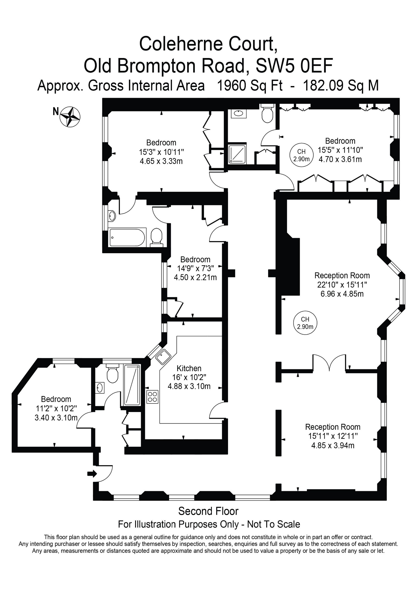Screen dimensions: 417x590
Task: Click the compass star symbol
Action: point(70,117)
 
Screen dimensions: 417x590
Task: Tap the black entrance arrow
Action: point(92,473)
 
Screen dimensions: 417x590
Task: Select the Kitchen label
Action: point(189,369)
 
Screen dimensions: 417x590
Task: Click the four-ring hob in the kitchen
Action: point(152,397)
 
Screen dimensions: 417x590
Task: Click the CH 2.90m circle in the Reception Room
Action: point(305,323)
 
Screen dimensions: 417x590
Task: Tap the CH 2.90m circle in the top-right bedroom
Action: point(301,155)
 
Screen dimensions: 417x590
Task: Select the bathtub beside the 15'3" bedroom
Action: point(127,237)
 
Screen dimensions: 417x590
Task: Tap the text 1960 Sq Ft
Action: point(250,86)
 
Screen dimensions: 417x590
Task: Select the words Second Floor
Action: point(208,511)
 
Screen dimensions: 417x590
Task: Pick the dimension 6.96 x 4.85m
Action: point(342,294)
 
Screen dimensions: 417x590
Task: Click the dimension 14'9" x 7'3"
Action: point(195,268)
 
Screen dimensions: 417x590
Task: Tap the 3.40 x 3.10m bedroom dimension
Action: point(56,418)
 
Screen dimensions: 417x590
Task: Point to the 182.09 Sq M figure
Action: point(341,86)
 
